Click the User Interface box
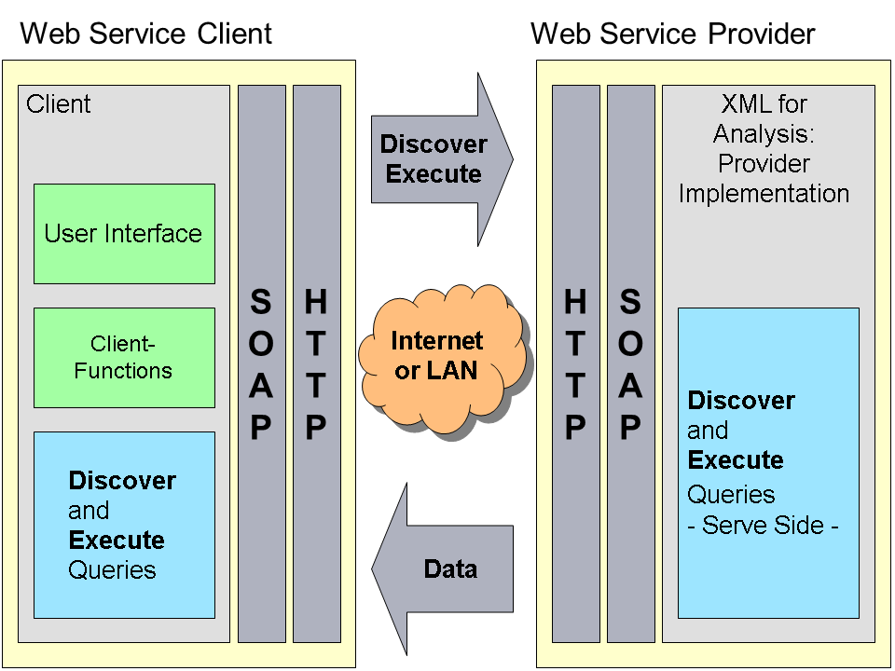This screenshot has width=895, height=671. (124, 233)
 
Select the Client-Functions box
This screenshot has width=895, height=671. (124, 358)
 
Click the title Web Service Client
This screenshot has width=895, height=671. (146, 34)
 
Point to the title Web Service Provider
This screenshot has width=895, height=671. (672, 34)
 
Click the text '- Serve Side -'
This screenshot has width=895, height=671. (763, 525)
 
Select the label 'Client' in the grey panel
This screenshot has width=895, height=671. (59, 104)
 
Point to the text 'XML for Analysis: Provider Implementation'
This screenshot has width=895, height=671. (764, 149)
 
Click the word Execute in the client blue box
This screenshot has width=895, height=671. (117, 541)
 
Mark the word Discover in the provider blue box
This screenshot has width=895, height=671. (741, 401)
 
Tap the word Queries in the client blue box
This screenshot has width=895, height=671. (112, 570)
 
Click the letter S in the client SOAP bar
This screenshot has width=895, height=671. (261, 302)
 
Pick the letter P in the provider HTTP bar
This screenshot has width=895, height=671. (575, 428)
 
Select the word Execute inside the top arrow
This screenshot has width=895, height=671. (434, 174)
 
